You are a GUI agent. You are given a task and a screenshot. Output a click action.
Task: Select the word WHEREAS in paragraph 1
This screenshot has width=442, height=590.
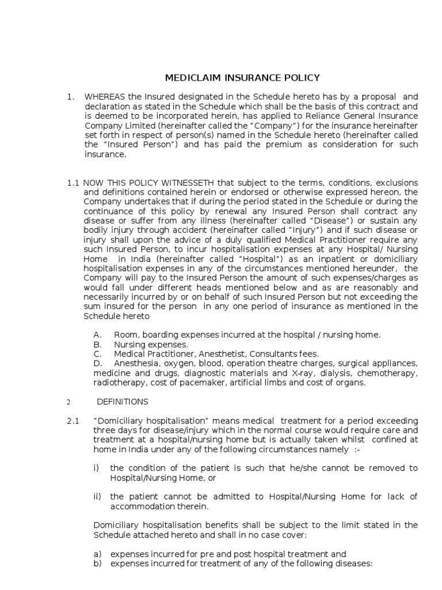coord(104,96)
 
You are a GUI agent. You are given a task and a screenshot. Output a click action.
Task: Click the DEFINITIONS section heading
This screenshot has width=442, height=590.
coord(123,402)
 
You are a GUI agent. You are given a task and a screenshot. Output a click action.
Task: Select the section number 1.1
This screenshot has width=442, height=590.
coord(73,183)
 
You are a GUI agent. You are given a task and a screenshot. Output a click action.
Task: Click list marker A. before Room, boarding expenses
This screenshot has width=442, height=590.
coord(97,335)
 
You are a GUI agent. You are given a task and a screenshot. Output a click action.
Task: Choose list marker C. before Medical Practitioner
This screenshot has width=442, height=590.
coord(97,354)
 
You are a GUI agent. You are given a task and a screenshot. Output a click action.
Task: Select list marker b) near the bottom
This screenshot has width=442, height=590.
coord(97,564)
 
